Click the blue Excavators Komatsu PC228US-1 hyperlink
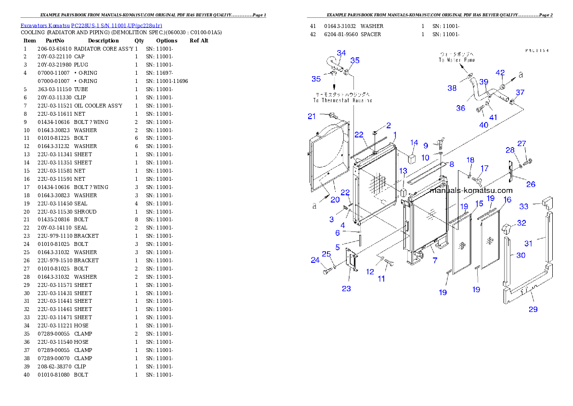[91, 25]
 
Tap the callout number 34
[341, 53]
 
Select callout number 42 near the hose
[500, 73]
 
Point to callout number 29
[533, 309]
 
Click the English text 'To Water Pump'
[456, 60]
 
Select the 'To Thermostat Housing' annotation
[342, 100]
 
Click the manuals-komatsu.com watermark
[471, 190]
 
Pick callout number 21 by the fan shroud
[312, 116]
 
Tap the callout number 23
[346, 289]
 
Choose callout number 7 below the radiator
[435, 260]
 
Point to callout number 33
[523, 206]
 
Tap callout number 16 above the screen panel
[508, 200]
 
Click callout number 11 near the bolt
[381, 279]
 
